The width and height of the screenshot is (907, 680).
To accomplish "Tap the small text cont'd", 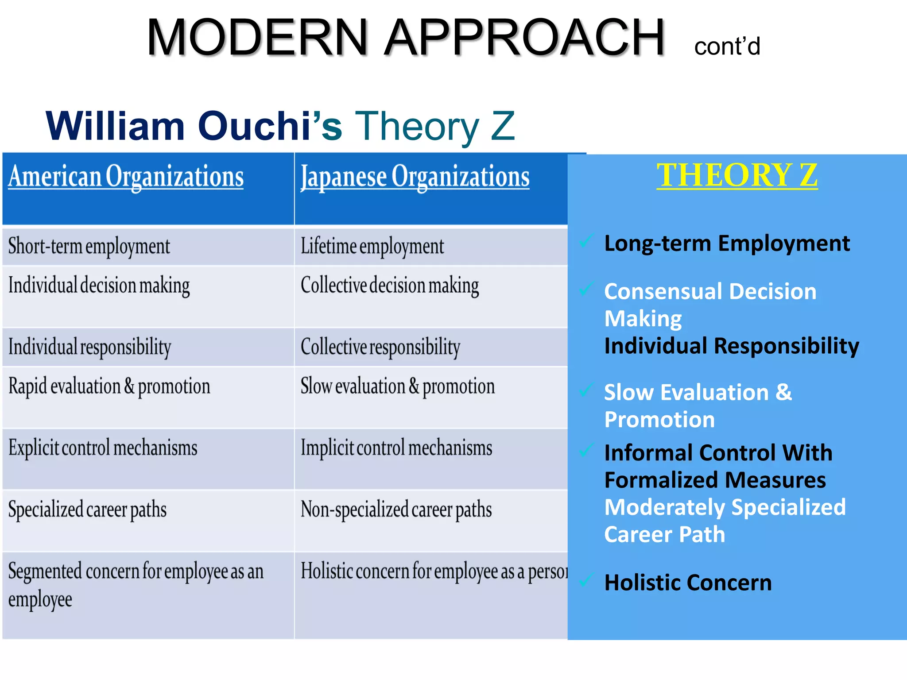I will (727, 46).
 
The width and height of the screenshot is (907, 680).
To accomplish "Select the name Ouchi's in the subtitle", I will (270, 126).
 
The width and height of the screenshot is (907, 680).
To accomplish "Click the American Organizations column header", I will (126, 177).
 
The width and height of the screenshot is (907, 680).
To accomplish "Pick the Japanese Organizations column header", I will (415, 177).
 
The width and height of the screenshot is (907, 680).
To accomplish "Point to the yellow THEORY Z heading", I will (737, 175).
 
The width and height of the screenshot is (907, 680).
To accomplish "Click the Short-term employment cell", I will (89, 246).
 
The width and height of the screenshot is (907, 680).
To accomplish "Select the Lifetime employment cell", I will (372, 246).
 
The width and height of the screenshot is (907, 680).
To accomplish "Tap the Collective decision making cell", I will (390, 286).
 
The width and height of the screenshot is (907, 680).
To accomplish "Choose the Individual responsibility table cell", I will (89, 347).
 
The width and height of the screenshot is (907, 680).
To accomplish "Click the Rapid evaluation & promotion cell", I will (109, 386).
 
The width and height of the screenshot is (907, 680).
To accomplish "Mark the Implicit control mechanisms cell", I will (396, 448).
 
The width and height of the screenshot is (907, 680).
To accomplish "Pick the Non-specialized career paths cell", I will (396, 510).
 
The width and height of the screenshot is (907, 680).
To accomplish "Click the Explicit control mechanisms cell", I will (103, 448).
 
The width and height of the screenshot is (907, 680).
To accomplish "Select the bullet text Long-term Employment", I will (727, 243).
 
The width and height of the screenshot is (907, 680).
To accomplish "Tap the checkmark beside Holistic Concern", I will (586, 580).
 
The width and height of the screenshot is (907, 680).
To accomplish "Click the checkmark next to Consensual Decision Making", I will (586, 289).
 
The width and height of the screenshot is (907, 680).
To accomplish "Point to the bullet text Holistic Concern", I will (688, 583).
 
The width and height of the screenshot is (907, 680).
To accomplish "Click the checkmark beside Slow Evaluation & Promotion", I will (586, 390).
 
